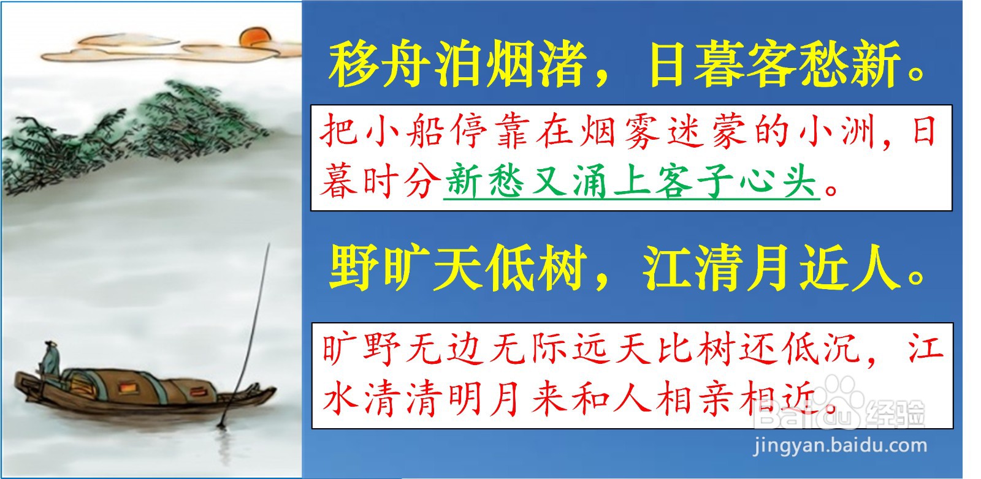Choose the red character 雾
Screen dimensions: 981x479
pyautogui.click(x=642, y=131)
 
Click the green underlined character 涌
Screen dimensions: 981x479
pyautogui.click(x=590, y=180)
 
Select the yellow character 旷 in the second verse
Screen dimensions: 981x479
pyautogui.click(x=405, y=268)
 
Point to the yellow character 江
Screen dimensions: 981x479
pyautogui.click(x=666, y=268)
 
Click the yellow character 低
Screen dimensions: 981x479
pyautogui.click(x=510, y=268)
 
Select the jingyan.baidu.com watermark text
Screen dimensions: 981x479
pyautogui.click(x=840, y=446)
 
